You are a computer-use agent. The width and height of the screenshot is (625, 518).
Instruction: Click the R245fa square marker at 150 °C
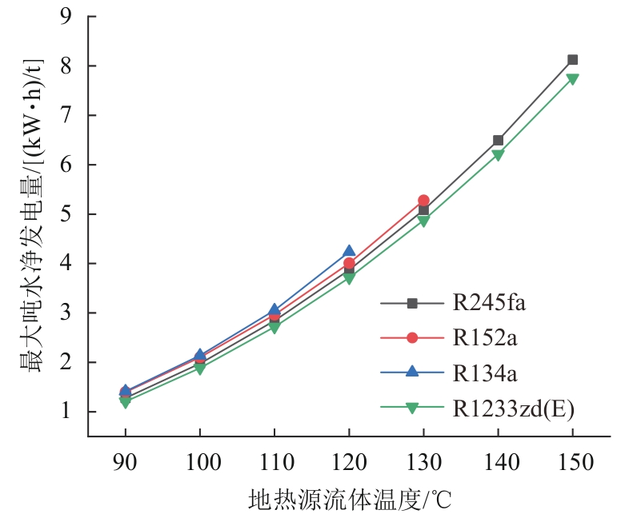[x=572, y=60]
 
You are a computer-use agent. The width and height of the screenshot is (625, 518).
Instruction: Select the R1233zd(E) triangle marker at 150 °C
[x=572, y=79]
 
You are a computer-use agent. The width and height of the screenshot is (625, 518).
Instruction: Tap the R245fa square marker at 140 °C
[x=498, y=141]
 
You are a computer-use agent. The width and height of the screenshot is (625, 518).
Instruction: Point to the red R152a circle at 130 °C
[x=423, y=201]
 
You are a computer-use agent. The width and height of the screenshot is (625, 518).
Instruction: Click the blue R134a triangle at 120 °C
[x=349, y=252]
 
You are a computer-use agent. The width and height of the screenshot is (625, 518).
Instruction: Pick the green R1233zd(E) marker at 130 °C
[x=423, y=221]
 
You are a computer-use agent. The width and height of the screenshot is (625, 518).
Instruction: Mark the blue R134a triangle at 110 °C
[x=274, y=309]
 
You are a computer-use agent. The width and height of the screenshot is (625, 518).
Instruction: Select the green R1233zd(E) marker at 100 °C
[x=200, y=369]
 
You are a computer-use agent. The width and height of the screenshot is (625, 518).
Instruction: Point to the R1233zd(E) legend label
[x=513, y=408]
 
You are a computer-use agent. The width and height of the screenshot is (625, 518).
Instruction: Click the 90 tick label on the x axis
[x=125, y=462]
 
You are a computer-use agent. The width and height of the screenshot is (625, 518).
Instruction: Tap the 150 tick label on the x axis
[x=572, y=462]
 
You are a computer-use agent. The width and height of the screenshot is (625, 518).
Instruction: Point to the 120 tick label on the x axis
[x=349, y=462]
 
